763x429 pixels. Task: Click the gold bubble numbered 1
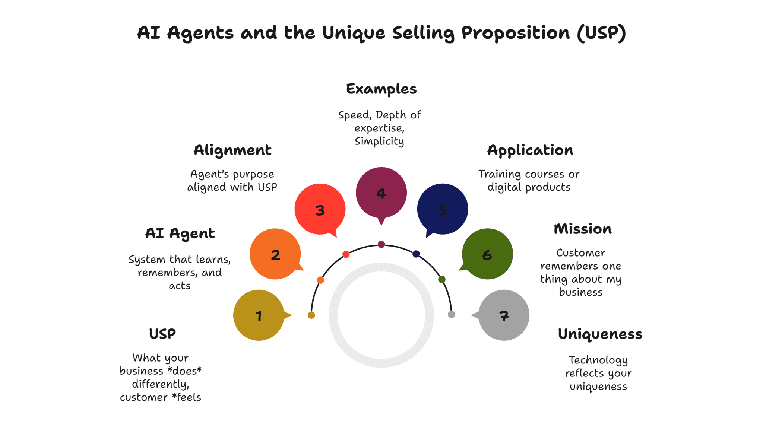pyautogui.click(x=259, y=315)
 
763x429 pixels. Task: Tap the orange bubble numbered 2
pyautogui.click(x=275, y=254)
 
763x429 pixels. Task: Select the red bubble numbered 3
pyautogui.click(x=320, y=209)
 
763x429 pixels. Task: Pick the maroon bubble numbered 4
pyautogui.click(x=381, y=193)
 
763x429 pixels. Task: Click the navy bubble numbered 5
pyautogui.click(x=443, y=209)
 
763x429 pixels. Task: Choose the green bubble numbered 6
pyautogui.click(x=487, y=254)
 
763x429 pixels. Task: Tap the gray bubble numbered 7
pyautogui.click(x=504, y=315)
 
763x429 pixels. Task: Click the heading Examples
pyautogui.click(x=381, y=89)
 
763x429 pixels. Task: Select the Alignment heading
pyautogui.click(x=232, y=150)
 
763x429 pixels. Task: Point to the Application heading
pyautogui.click(x=530, y=150)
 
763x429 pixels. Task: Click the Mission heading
pyautogui.click(x=583, y=229)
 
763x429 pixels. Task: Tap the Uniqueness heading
pyautogui.click(x=600, y=334)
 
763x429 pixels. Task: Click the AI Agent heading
pyautogui.click(x=180, y=233)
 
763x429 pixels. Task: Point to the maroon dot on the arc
pyautogui.click(x=381, y=244)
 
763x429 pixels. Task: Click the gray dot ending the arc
pyautogui.click(x=451, y=314)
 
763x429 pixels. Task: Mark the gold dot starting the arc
pyautogui.click(x=311, y=315)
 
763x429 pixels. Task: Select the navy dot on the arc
pyautogui.click(x=416, y=254)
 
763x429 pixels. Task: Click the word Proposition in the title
pyautogui.click(x=516, y=33)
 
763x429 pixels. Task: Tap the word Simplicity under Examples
pyautogui.click(x=379, y=142)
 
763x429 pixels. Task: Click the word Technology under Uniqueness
pyautogui.click(x=598, y=360)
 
